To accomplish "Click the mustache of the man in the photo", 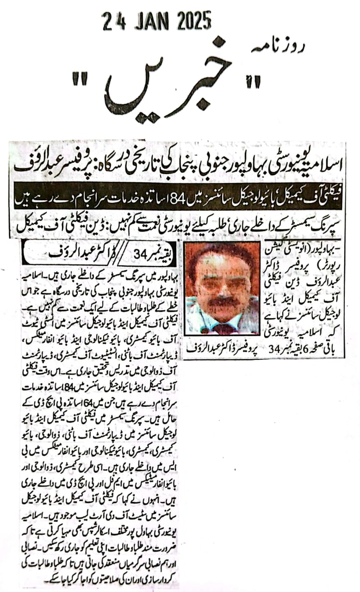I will (x=224, y=302).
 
